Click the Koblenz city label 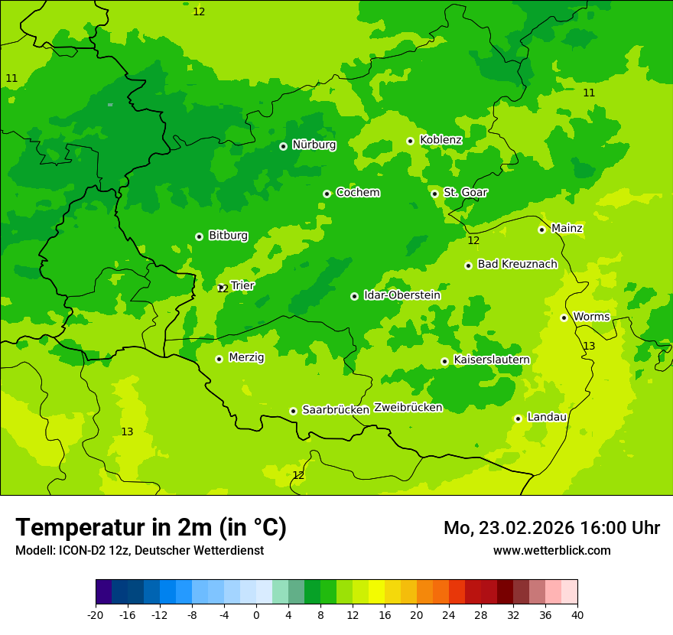[x=441, y=140]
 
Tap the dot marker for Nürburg [x=283, y=146]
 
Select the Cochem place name [x=357, y=193]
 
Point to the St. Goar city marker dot [x=434, y=194]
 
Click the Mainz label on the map [x=567, y=229]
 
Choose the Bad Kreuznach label [x=517, y=265]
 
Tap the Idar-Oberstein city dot [x=354, y=296]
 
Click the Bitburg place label [x=228, y=236]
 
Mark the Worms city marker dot [x=564, y=317]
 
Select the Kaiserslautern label [x=492, y=360]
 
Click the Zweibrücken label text [x=408, y=408]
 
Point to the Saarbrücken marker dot [x=293, y=411]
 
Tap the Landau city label [x=547, y=418]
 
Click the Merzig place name [x=246, y=357]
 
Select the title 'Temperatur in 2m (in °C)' [x=151, y=527]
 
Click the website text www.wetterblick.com [x=551, y=550]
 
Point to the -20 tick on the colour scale [x=96, y=614]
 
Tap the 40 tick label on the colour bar [x=577, y=614]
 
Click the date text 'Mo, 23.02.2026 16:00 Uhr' [x=551, y=528]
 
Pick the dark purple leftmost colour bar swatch [x=103, y=592]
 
